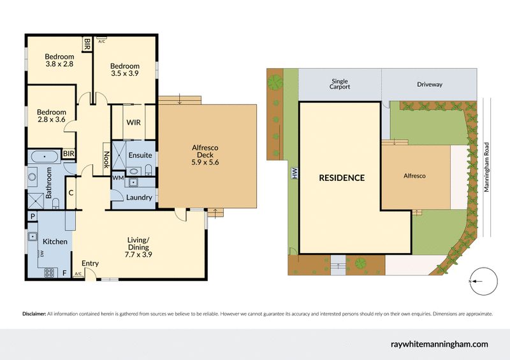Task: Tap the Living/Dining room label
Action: [x=138, y=247]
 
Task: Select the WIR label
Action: [x=134, y=122]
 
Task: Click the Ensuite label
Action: [x=140, y=155]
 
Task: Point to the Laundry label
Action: [x=139, y=198]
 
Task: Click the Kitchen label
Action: [x=55, y=241]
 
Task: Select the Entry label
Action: [x=91, y=263]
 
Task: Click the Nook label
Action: [x=106, y=157]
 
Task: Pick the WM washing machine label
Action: [x=117, y=178]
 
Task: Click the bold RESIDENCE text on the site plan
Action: [x=342, y=178]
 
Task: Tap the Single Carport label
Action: [x=340, y=84]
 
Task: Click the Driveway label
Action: [x=429, y=84]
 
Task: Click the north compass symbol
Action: [x=483, y=282]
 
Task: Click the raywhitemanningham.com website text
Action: [x=439, y=343]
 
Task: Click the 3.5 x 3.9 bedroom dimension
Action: [x=124, y=73]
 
